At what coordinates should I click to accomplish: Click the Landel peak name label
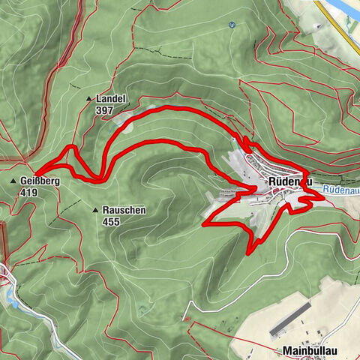[110, 98]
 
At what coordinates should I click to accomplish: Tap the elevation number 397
[105, 109]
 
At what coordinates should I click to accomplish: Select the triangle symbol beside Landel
[91, 99]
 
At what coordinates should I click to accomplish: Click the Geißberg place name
[40, 181]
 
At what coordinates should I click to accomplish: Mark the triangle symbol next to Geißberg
[14, 181]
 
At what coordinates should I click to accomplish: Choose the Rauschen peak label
[124, 211]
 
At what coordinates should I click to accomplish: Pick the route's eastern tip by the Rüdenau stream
[323, 196]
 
